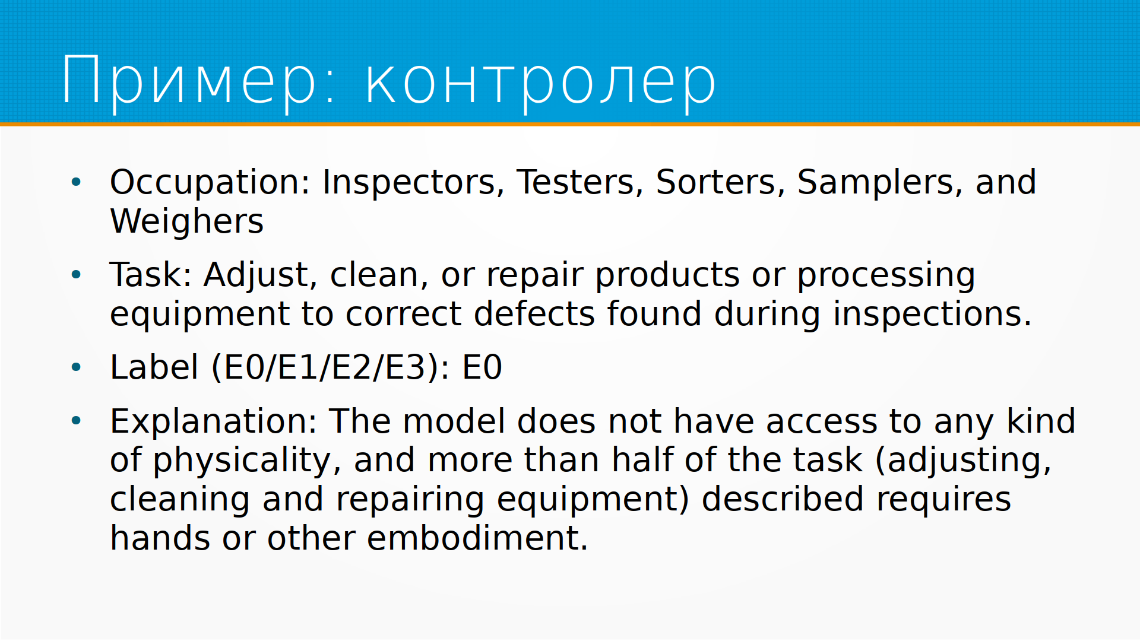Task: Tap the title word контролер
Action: [x=540, y=82]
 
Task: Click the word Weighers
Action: [x=187, y=222]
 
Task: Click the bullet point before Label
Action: [x=76, y=367]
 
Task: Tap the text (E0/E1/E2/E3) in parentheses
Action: [x=326, y=367]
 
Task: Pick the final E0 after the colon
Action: [x=482, y=367]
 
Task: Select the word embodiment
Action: [x=477, y=538]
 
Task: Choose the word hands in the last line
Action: [x=160, y=538]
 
